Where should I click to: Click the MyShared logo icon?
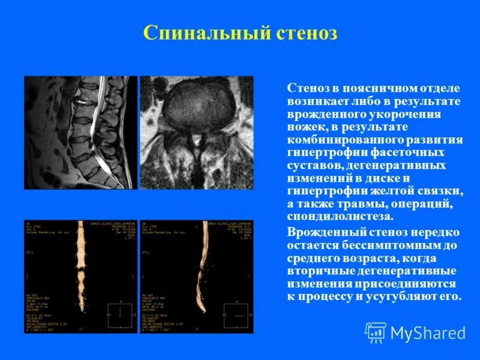376,332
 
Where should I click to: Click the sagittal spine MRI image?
80,133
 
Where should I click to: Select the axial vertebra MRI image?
197,133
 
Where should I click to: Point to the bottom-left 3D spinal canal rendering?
80,277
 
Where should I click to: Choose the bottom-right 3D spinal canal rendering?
197,277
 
